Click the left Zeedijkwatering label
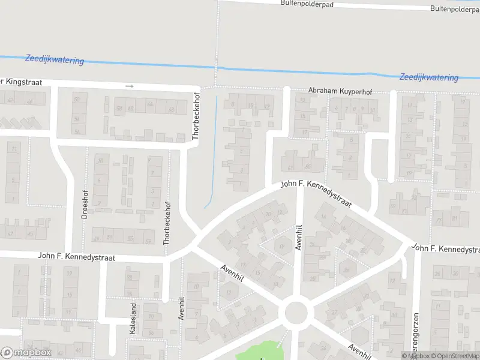(x=54, y=60)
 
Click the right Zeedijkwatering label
(x=428, y=77)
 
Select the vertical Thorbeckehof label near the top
(x=195, y=116)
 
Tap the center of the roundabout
(x=296, y=313)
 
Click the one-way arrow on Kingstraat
(x=130, y=86)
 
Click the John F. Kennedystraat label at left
(x=76, y=256)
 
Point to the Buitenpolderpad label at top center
(x=307, y=4)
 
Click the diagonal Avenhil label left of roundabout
(x=234, y=278)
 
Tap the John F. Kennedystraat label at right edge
(x=446, y=248)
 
